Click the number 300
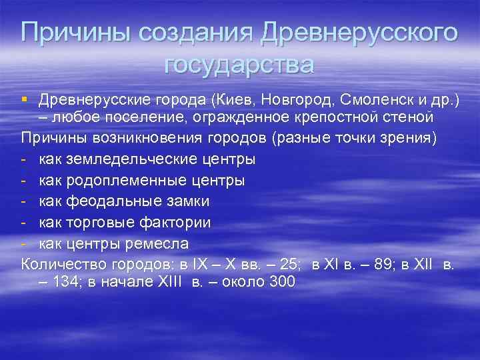[281, 281]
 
